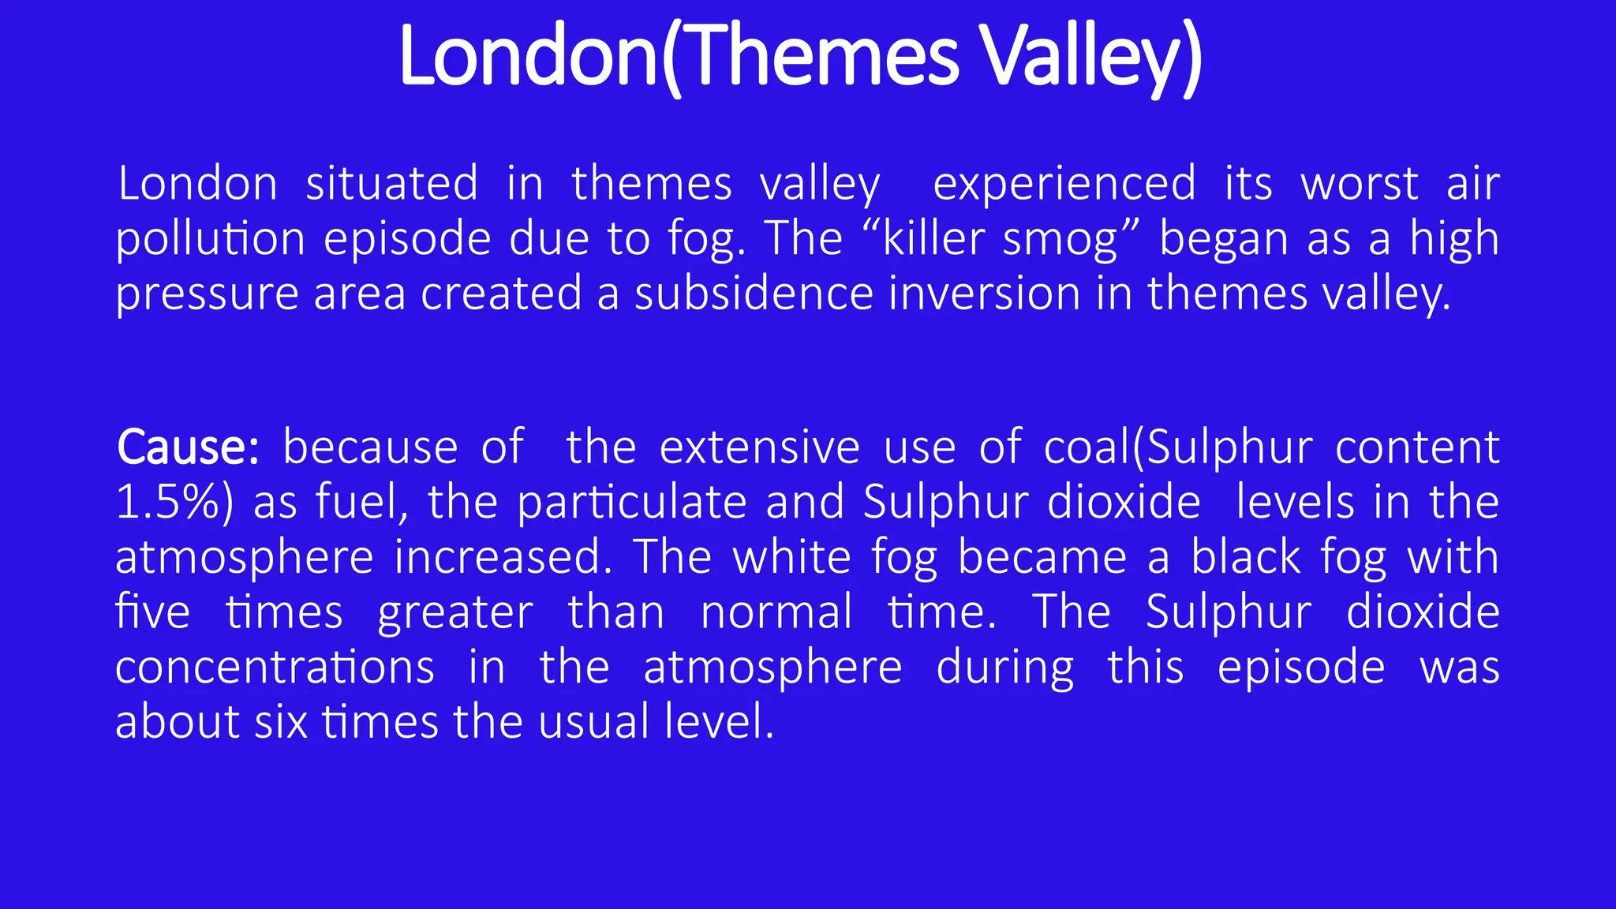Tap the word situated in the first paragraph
pos(391,183)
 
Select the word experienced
pos(1064,183)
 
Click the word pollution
pos(210,238)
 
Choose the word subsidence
pos(754,294)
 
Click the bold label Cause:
pos(187,447)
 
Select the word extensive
pos(759,447)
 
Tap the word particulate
pos(631,503)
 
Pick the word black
pos(1245,557)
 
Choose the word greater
pos(455,612)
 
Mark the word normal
pos(776,612)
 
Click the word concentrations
pos(275,668)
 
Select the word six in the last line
pos(281,722)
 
